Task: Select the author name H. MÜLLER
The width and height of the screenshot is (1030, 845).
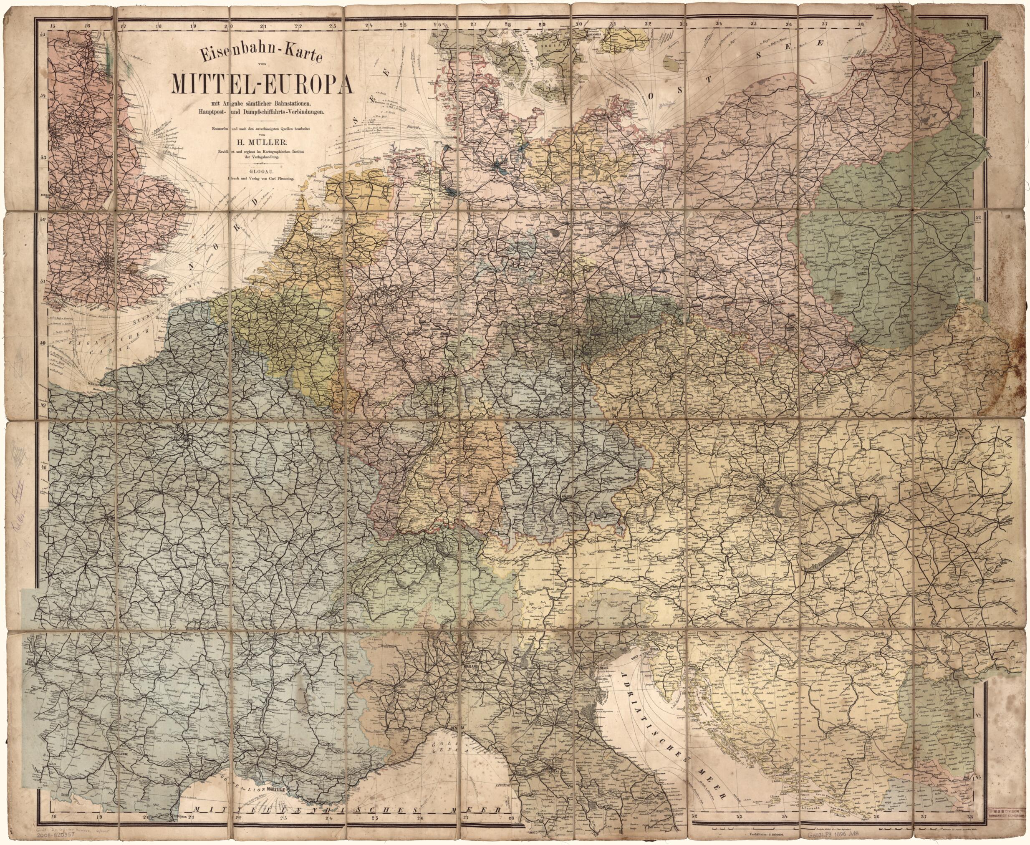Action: click(x=263, y=141)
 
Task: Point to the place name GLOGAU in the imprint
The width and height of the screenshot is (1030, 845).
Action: click(x=263, y=172)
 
